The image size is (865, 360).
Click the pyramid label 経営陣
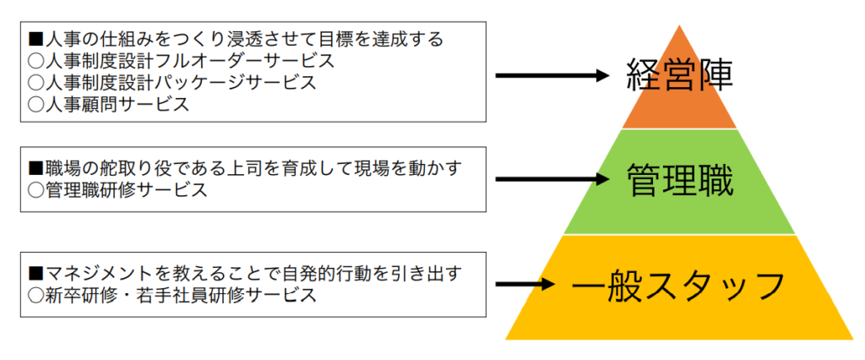coord(680,76)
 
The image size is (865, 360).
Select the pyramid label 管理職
coord(680,180)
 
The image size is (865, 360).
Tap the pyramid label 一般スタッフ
coord(678,285)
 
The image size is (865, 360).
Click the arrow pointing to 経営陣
coord(551,76)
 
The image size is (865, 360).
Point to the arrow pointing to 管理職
coord(551,179)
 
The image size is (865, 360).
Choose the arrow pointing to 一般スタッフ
coord(525,284)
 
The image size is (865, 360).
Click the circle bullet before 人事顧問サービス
coord(35,104)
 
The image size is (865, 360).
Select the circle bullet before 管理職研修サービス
coord(35,190)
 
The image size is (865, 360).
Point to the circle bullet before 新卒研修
coord(35,295)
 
